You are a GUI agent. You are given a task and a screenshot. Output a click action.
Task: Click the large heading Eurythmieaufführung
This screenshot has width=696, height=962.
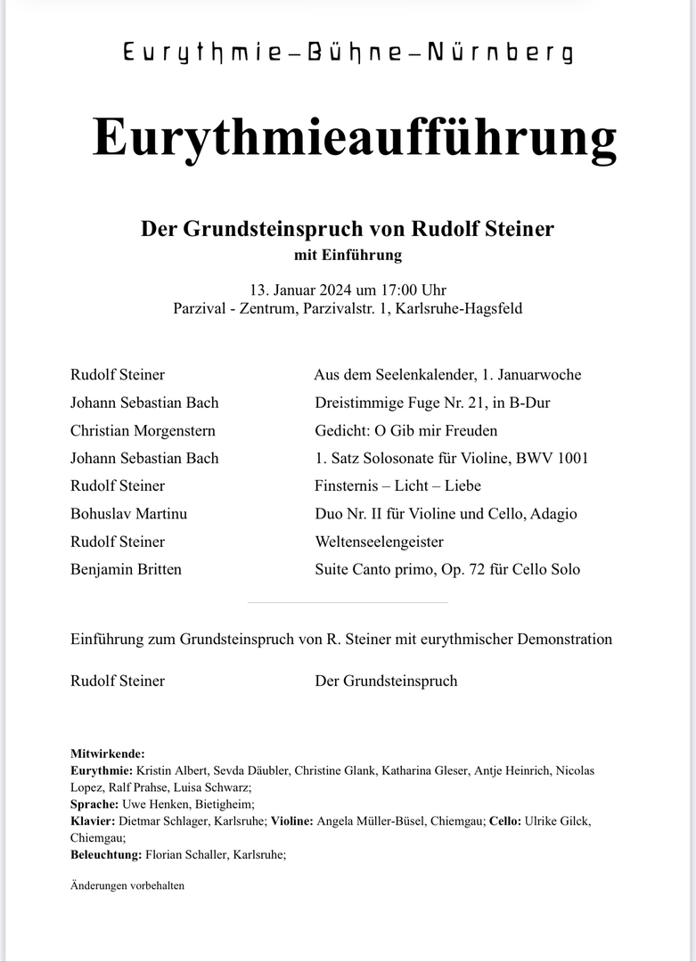(x=354, y=138)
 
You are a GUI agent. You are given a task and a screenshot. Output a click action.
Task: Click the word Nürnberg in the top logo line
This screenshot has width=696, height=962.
(x=511, y=54)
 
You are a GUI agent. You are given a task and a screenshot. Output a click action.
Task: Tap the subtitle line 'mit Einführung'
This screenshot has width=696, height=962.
(x=348, y=256)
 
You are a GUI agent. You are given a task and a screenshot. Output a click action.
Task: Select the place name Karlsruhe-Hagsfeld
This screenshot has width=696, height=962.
(x=463, y=310)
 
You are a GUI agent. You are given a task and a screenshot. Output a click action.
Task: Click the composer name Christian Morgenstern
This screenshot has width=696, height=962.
(x=143, y=431)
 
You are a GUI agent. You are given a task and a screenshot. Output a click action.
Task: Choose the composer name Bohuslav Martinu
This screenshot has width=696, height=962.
(x=128, y=514)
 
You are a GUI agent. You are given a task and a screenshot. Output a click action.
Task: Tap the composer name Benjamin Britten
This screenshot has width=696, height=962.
(x=126, y=569)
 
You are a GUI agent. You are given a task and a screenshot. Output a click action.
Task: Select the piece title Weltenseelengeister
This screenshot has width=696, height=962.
(x=380, y=542)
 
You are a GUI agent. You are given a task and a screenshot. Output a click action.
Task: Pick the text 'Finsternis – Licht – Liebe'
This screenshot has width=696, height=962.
(x=398, y=486)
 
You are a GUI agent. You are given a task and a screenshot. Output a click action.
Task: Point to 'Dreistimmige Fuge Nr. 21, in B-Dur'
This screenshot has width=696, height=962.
(x=432, y=404)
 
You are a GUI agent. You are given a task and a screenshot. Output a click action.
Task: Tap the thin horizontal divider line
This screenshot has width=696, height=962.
(x=348, y=603)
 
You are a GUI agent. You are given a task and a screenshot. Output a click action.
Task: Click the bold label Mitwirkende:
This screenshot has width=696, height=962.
(x=107, y=754)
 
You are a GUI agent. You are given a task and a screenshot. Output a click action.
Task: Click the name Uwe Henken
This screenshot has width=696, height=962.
(x=146, y=804)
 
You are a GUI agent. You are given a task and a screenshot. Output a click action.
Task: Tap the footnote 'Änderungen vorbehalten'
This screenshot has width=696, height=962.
(x=127, y=886)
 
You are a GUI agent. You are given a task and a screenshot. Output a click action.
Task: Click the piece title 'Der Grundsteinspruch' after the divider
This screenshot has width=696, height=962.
(x=386, y=681)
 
